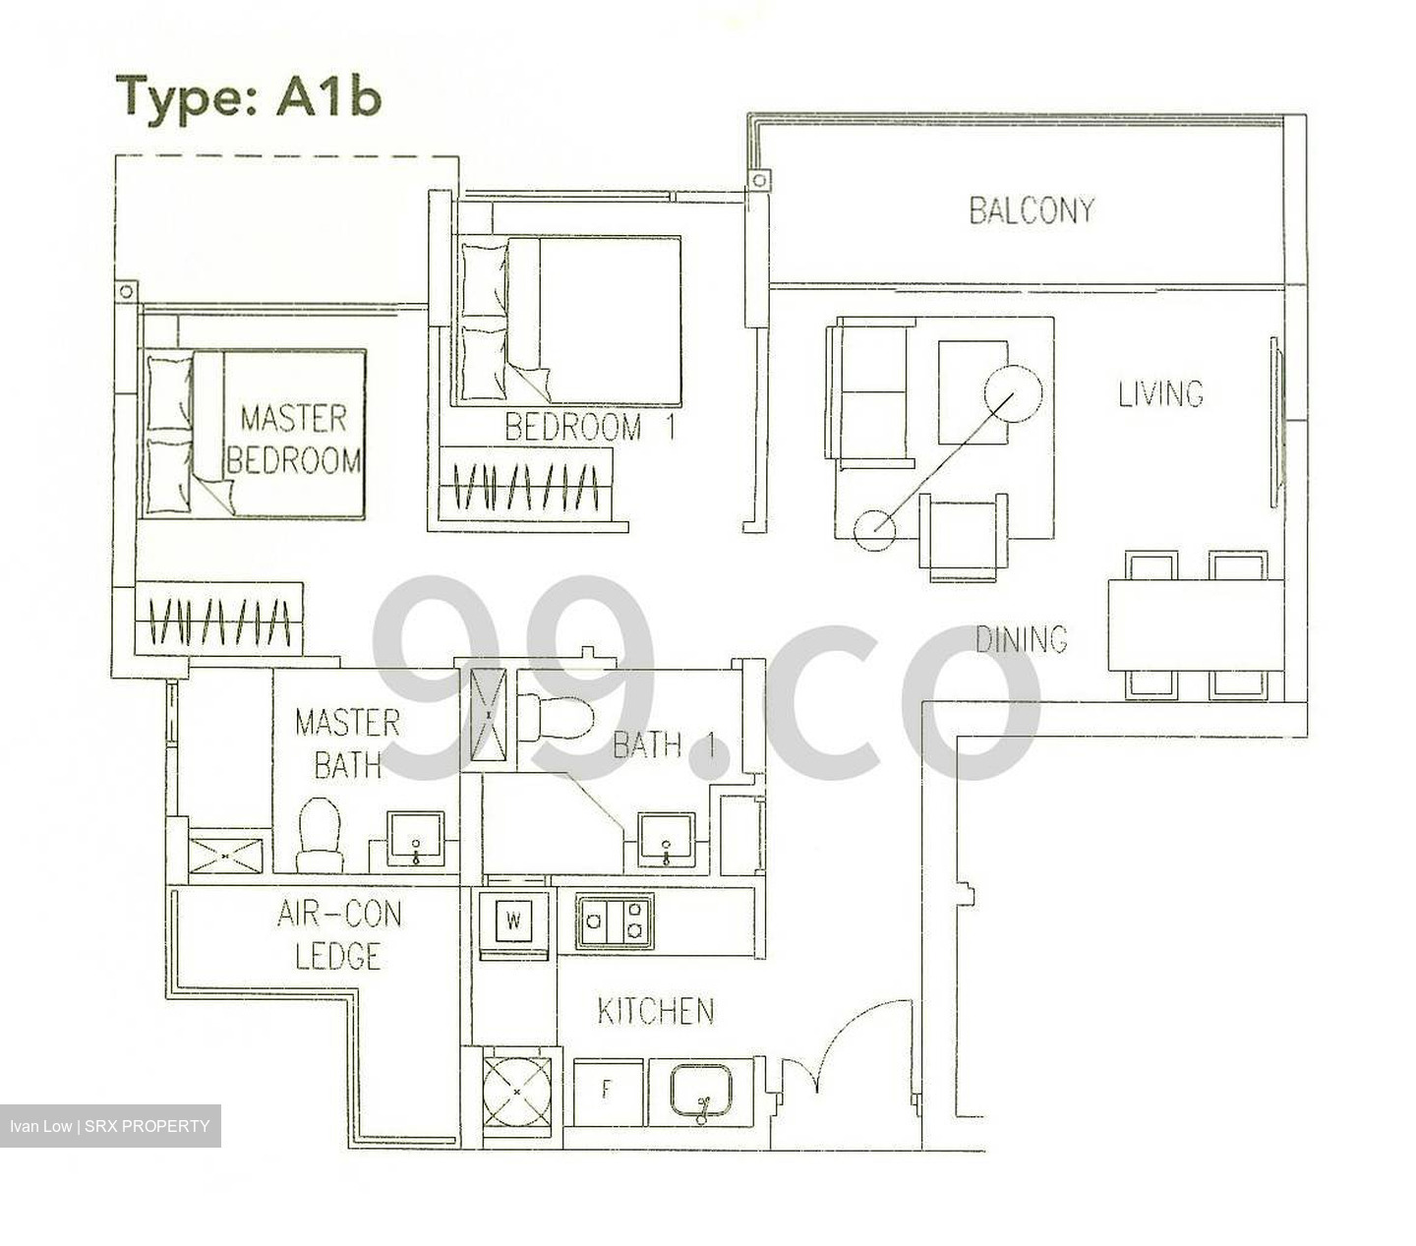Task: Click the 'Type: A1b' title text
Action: (x=249, y=97)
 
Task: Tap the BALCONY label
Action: (x=1031, y=210)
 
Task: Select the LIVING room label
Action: (x=1160, y=393)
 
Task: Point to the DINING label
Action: (x=1022, y=639)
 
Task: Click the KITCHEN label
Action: (x=656, y=1011)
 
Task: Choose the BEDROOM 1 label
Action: (x=589, y=427)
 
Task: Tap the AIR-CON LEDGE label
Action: (x=339, y=935)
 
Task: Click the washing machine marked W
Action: (x=513, y=922)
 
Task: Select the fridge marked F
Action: (x=607, y=1090)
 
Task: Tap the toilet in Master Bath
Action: (x=320, y=835)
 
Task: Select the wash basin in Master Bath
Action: (x=415, y=839)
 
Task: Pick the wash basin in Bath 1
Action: (x=667, y=839)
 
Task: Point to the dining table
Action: (x=1195, y=624)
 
